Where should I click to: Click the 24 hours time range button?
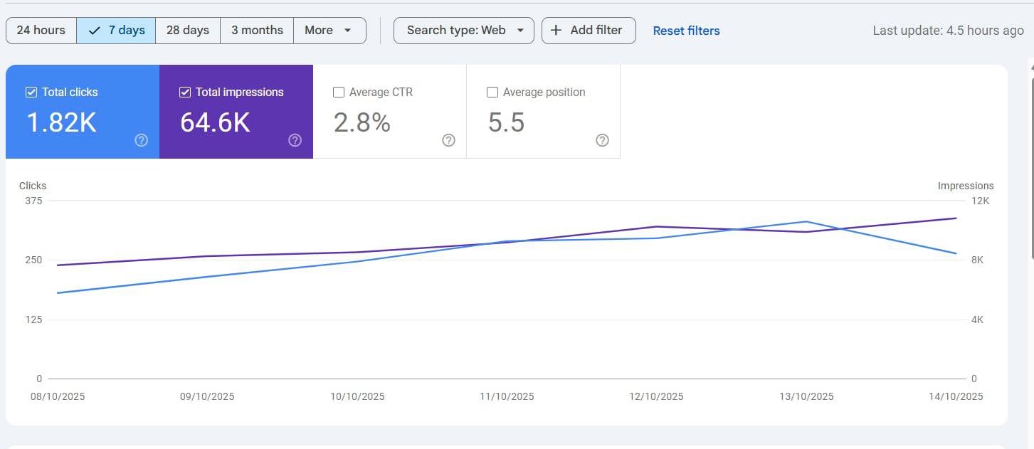click(x=41, y=31)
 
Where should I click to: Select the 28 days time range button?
click(x=188, y=31)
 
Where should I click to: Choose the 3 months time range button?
click(x=257, y=31)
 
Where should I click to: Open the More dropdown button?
click(x=329, y=31)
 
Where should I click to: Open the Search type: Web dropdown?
click(x=464, y=31)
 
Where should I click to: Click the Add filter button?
click(x=589, y=31)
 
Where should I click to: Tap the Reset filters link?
click(x=687, y=31)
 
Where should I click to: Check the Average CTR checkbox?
click(x=338, y=93)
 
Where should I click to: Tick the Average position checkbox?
click(x=492, y=93)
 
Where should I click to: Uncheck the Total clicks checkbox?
click(x=31, y=93)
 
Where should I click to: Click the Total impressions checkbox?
click(x=184, y=93)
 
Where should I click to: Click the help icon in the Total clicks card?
click(x=141, y=140)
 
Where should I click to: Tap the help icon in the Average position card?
click(x=602, y=140)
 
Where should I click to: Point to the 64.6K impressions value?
click(x=215, y=123)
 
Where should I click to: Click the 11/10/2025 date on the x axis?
click(x=507, y=396)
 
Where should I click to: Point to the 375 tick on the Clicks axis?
click(x=33, y=201)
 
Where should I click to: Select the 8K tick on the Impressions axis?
click(x=977, y=260)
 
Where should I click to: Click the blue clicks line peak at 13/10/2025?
click(x=806, y=221)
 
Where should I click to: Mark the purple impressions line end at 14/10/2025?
click(x=956, y=218)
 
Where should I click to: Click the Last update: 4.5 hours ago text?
click(x=948, y=31)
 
